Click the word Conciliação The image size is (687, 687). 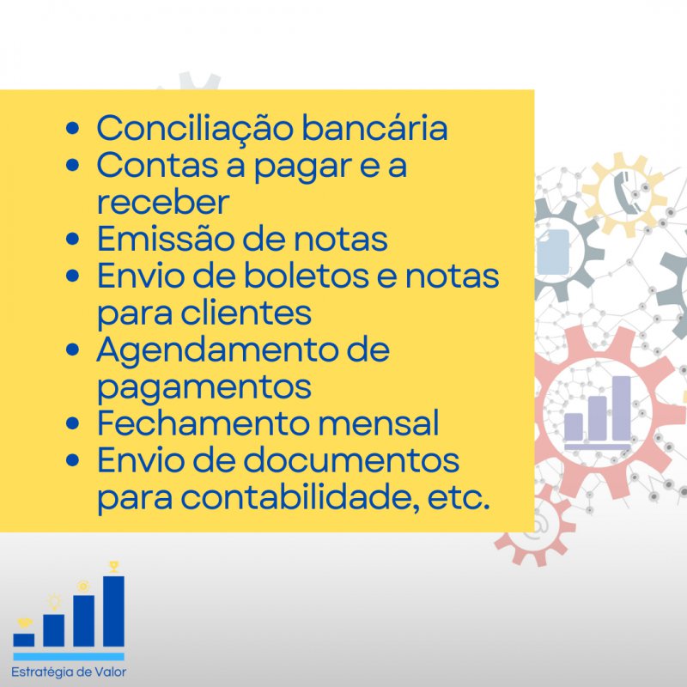click(x=195, y=129)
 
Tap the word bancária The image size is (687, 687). click(x=375, y=127)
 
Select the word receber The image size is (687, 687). click(x=163, y=202)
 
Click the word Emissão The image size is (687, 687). click(x=165, y=239)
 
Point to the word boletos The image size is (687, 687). click(x=306, y=276)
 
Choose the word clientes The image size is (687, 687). click(x=246, y=313)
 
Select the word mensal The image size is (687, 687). click(x=378, y=423)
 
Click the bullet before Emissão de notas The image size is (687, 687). click(x=72, y=239)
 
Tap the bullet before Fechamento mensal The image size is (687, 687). click(x=72, y=423)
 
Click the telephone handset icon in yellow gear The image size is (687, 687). click(x=624, y=192)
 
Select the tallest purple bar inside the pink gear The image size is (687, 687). click(x=621, y=408)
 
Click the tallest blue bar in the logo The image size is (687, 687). click(x=113, y=611)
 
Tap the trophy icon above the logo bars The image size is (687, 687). click(x=114, y=566)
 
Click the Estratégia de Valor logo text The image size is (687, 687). click(x=69, y=672)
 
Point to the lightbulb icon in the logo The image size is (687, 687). click(x=54, y=602)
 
